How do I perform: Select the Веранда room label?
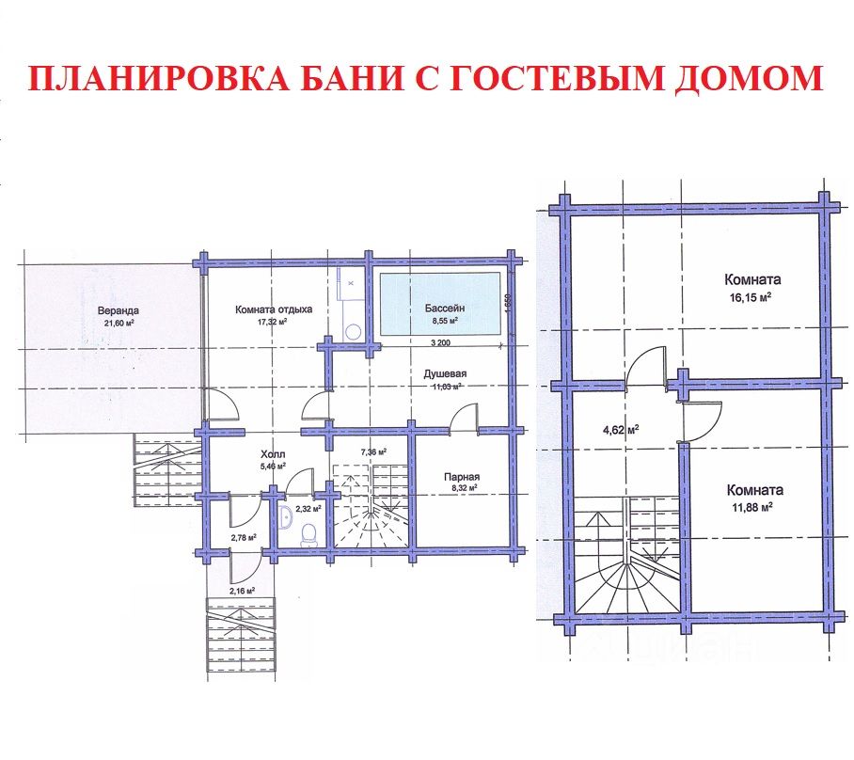pyautogui.click(x=117, y=310)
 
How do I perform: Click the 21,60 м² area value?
pyautogui.click(x=117, y=324)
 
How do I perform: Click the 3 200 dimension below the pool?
pyautogui.click(x=444, y=343)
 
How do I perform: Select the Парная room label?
pyautogui.click(x=463, y=477)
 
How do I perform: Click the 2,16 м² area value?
pyautogui.click(x=242, y=592)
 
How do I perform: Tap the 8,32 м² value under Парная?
pyautogui.click(x=463, y=489)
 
